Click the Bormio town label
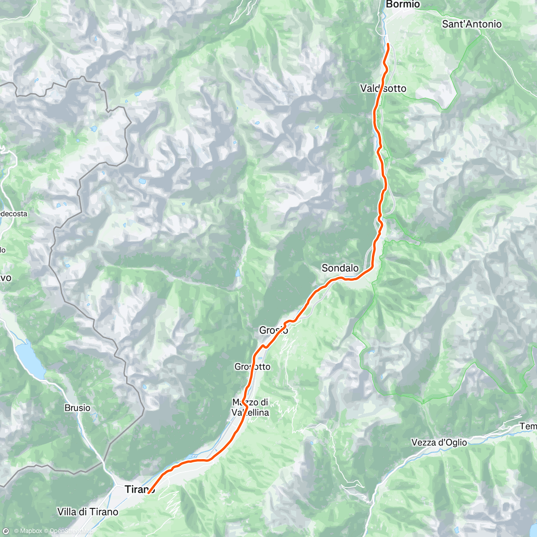pyautogui.click(x=403, y=4)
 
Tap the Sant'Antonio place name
pyautogui.click(x=472, y=24)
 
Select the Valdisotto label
pyautogui.click(x=383, y=89)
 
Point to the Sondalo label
pyautogui.click(x=340, y=268)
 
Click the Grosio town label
pyautogui.click(x=273, y=331)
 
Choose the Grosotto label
pyautogui.click(x=252, y=367)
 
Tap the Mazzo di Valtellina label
pyautogui.click(x=251, y=407)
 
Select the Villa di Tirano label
pyautogui.click(x=88, y=511)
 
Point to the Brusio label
pyautogui.click(x=77, y=408)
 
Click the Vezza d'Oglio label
pyautogui.click(x=439, y=443)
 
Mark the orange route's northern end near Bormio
pyautogui.click(x=388, y=44)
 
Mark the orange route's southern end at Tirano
pyautogui.click(x=148, y=493)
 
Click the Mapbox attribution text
pyautogui.click(x=30, y=531)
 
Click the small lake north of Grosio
pyautogui.click(x=237, y=273)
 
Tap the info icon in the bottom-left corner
pyautogui.click(x=5, y=531)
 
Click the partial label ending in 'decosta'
pyautogui.click(x=13, y=214)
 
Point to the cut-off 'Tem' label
pyautogui.click(x=528, y=426)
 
